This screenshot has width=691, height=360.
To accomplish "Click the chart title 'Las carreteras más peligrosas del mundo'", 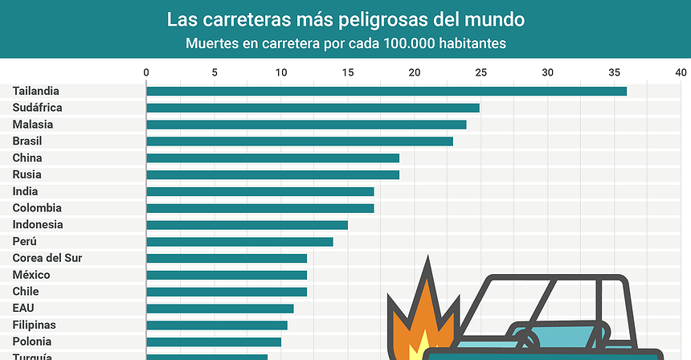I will click(345, 18).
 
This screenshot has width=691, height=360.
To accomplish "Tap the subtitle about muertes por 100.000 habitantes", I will click(345, 43).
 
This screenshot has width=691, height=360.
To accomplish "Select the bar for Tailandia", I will click(386, 91).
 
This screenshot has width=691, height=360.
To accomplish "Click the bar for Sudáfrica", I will click(313, 108).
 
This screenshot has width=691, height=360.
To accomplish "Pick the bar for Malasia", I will click(306, 125).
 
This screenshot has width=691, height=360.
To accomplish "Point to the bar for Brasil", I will click(299, 141).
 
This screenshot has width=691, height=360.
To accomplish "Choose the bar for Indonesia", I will click(247, 225).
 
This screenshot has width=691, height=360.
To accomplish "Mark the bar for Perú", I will click(239, 242).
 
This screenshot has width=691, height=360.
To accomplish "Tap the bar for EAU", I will click(219, 309).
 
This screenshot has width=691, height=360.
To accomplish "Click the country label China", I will click(27, 158).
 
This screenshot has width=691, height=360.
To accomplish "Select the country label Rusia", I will click(27, 174).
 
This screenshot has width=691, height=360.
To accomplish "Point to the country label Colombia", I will click(36, 208).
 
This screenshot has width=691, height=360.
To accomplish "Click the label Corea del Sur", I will click(47, 258).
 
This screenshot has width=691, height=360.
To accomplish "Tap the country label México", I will click(31, 275).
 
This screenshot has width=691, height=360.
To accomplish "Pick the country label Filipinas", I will click(35, 325).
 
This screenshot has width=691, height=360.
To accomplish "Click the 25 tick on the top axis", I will click(480, 73).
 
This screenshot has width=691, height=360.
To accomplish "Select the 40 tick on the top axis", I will click(681, 73).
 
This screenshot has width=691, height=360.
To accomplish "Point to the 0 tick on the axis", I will click(146, 73).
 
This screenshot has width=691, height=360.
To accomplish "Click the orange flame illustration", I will click(418, 321).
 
